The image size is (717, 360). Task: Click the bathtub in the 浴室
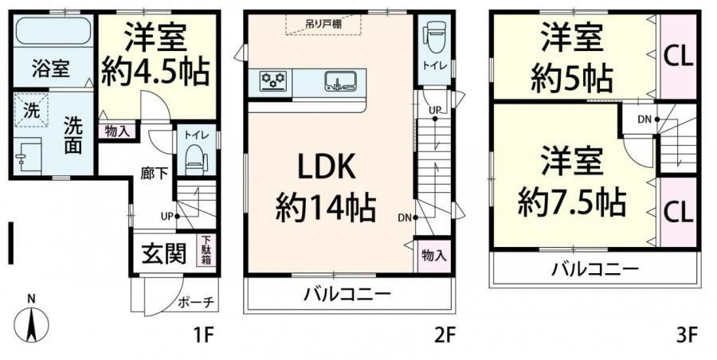point(53,30)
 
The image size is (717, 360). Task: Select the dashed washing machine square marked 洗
point(31,110)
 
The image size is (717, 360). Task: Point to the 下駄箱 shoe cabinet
point(206,250)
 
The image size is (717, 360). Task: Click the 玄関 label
point(163,253)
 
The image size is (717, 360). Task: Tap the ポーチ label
point(195,303)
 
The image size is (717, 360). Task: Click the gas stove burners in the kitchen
point(274,81)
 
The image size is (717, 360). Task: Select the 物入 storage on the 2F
point(433,256)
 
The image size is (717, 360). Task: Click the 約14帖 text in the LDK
point(325,209)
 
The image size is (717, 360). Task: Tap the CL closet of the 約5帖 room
point(678,57)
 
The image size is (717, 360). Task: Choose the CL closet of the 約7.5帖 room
point(678,213)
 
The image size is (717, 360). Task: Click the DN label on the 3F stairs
point(645,119)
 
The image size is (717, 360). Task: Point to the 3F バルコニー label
point(594,268)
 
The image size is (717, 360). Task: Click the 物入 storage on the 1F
point(117,131)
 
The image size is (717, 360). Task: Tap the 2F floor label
point(445,336)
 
